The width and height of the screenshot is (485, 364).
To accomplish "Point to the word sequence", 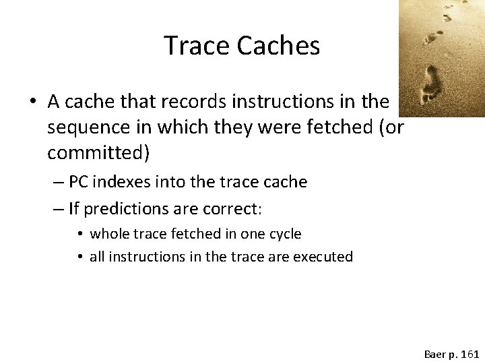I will (88, 127).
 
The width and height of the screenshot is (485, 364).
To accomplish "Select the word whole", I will (108, 234).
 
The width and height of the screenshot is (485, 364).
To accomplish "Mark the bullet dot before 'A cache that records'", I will (31, 102).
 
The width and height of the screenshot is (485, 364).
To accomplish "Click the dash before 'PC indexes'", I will (59, 183).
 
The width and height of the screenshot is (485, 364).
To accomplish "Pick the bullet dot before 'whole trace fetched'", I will (79, 235).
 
